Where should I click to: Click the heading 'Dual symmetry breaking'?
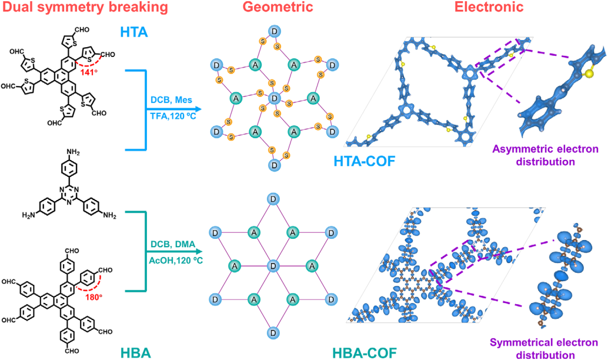86,7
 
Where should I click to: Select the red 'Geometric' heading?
278,7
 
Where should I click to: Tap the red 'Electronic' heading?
489,7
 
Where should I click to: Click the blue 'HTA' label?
134,32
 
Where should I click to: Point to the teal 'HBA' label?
136,353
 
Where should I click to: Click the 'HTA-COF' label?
364,161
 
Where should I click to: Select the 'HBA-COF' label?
364,353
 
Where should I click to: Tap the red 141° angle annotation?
89,72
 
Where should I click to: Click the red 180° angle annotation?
93,297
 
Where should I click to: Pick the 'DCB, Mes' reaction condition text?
171,100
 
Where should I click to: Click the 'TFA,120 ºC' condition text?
173,115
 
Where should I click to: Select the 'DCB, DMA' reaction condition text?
173,245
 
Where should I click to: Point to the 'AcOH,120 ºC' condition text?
176,260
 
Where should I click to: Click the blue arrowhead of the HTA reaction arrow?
199,109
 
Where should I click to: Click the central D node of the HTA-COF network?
274,98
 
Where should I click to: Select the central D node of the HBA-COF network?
274,266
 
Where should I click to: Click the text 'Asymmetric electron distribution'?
545,155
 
